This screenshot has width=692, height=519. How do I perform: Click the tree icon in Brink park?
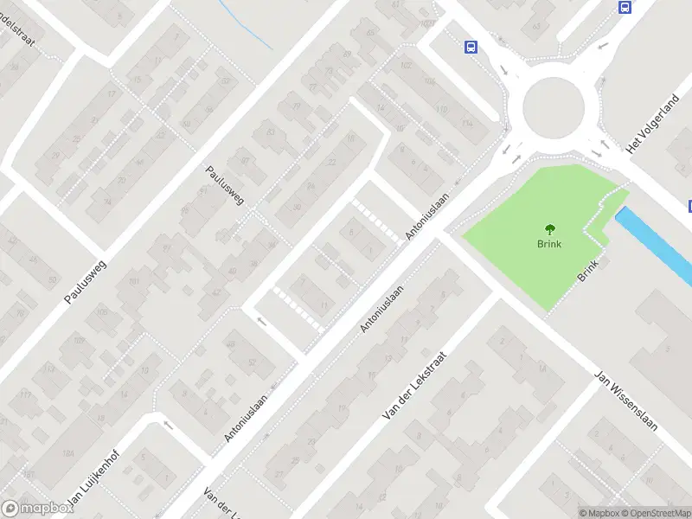(x=549, y=229)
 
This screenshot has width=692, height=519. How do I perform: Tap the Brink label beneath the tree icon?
(x=549, y=244)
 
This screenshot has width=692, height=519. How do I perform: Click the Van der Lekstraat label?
(x=414, y=387)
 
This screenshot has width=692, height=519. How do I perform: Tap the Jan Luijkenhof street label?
(x=91, y=481)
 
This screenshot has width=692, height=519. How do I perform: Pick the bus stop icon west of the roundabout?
(x=471, y=47)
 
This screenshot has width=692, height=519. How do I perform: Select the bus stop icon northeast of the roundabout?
(x=625, y=7)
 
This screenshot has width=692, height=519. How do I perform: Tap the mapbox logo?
(x=36, y=509)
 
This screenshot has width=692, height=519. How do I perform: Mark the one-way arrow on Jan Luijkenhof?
(x=168, y=425)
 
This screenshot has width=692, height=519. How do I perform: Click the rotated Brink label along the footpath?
(x=588, y=272)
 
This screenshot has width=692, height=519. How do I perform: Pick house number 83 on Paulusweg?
(x=271, y=131)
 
